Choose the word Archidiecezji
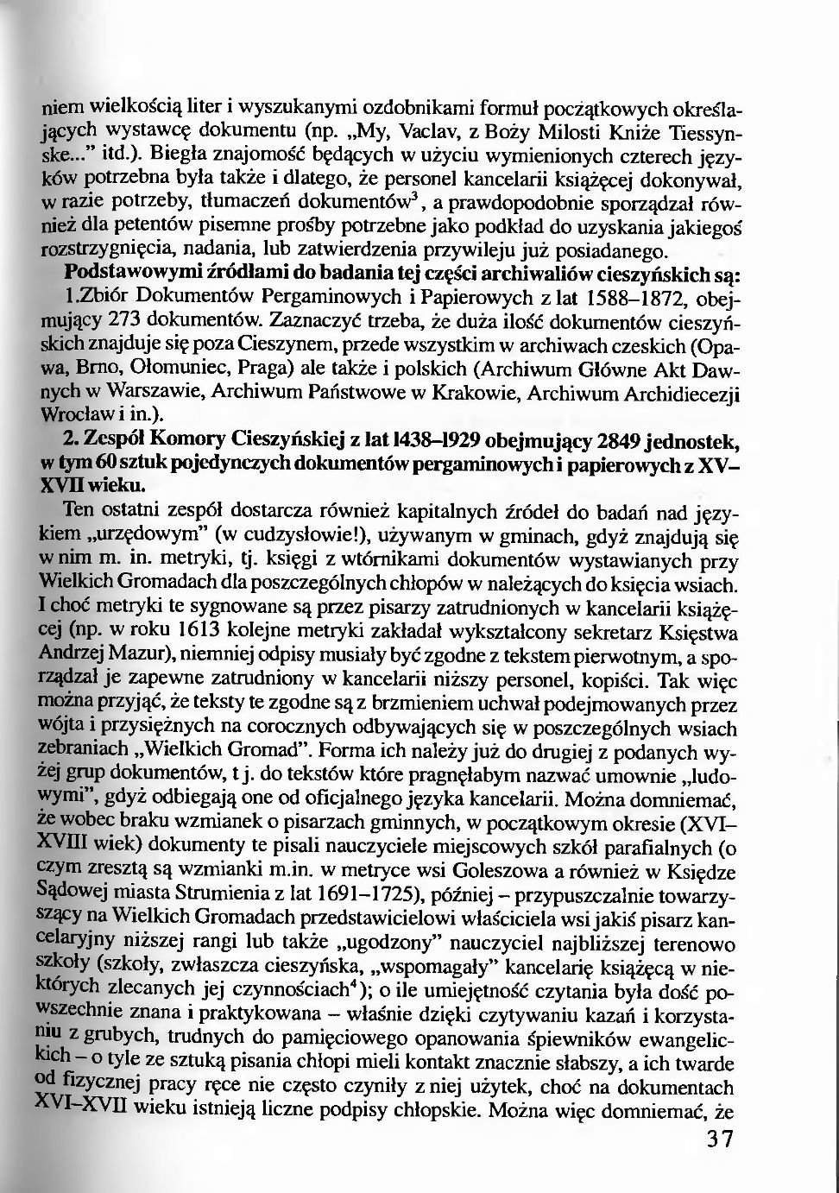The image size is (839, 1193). tap(679, 390)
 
